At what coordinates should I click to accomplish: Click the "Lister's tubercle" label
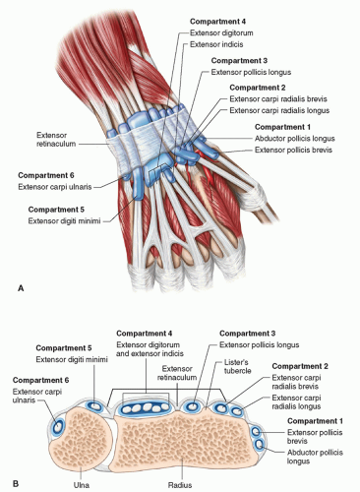[x=238, y=366]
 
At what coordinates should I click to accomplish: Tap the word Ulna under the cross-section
[x=82, y=485]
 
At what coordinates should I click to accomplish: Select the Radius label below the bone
[x=180, y=485]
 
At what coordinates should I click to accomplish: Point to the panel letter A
[x=21, y=288]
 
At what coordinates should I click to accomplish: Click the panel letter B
[x=16, y=483]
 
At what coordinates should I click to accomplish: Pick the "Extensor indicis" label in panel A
[x=216, y=44]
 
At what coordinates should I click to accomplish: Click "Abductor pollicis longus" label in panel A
[x=295, y=139]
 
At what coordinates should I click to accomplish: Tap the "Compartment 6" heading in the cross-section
[x=40, y=380]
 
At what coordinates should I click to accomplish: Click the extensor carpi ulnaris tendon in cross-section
[x=58, y=427]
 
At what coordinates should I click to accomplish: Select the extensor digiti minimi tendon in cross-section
[x=95, y=406]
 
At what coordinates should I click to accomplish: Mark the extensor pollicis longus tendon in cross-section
[x=192, y=406]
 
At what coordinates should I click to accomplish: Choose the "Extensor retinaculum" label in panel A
[x=56, y=140]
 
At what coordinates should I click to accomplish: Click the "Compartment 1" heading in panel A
[x=282, y=127]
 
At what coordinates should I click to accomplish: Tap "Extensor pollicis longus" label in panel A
[x=251, y=72]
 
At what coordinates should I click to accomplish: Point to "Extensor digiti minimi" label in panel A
[x=64, y=220]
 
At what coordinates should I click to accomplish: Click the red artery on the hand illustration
[x=208, y=170]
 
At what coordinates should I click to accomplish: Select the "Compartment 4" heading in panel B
[x=145, y=334]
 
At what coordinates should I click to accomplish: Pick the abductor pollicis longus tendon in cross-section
[x=260, y=445]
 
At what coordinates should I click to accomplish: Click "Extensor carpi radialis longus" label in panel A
[x=279, y=110]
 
